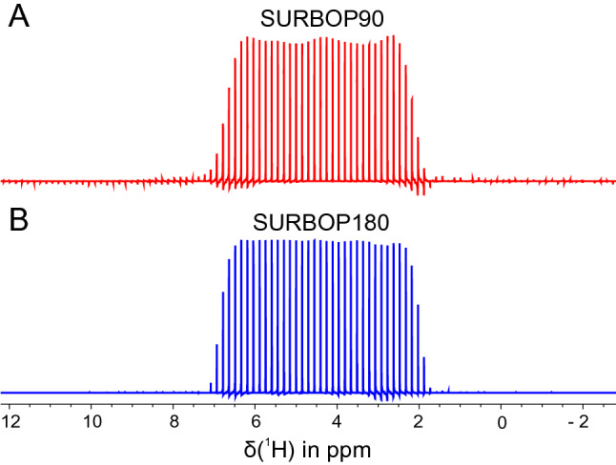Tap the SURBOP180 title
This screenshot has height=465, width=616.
coord(314,224)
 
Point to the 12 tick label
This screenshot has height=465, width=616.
coord(12,417)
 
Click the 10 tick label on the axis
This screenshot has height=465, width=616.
coord(91,417)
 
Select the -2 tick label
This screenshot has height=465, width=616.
coord(581,417)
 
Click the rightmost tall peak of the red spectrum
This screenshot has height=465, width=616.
coord(405,114)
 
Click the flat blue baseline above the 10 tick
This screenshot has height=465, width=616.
coord(91,392)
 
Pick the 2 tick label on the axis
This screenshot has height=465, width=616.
coord(420,417)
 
